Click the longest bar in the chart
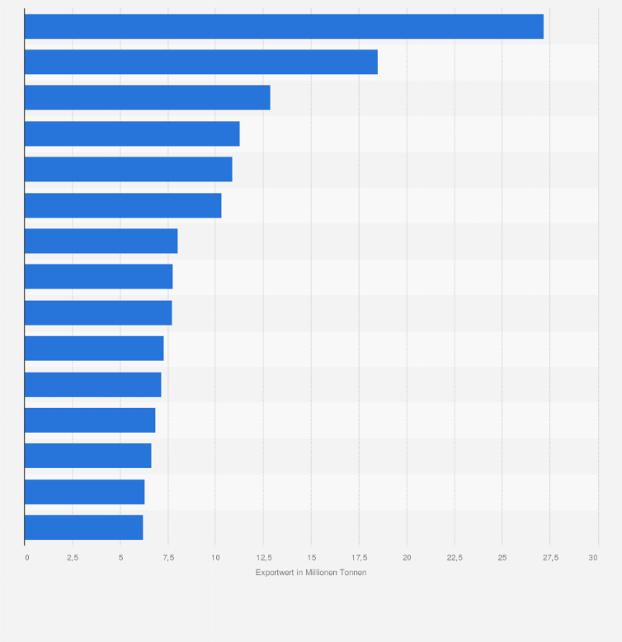[x=284, y=26]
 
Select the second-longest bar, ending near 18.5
[x=200, y=62]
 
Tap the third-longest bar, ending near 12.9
[x=147, y=97]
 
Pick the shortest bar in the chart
[x=83, y=527]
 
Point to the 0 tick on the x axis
[x=26, y=558]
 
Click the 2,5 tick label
[x=73, y=558]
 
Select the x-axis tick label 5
[x=120, y=558]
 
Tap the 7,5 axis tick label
[x=168, y=558]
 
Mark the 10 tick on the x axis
[x=215, y=558]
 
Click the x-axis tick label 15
[x=311, y=558]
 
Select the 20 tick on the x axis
[x=407, y=558]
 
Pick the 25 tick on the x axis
[x=502, y=558]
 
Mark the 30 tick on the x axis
[x=593, y=558]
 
